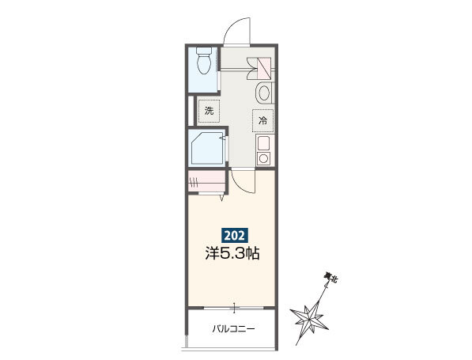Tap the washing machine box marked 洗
(209, 111)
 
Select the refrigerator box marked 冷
(262, 121)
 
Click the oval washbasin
(264, 93)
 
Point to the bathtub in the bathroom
(208, 148)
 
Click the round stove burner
(264, 158)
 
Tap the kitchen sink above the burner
(264, 143)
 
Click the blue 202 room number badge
(235, 235)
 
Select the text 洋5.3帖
(232, 253)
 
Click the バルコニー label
(233, 328)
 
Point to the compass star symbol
(309, 318)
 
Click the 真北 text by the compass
(330, 277)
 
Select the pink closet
(206, 180)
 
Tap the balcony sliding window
(234, 309)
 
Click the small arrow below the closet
(222, 198)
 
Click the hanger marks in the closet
(193, 181)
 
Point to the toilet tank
(204, 51)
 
